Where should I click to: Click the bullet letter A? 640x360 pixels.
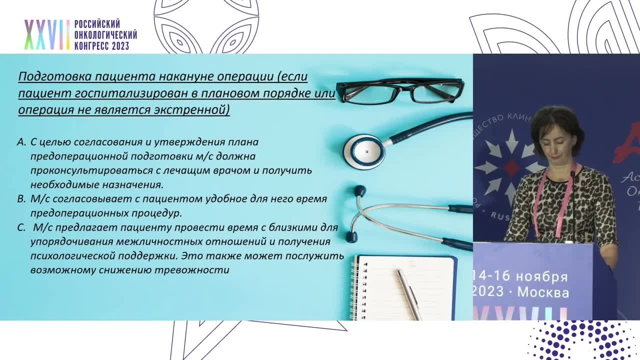click(x=21, y=142)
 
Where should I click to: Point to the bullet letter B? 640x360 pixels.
click(x=21, y=199)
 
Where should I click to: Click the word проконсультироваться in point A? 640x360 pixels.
click(x=84, y=170)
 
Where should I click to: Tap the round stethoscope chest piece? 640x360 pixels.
click(x=364, y=151)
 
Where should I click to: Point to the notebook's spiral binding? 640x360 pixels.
click(x=355, y=287)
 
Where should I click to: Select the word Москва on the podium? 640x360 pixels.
click(x=543, y=292)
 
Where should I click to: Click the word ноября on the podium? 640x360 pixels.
click(x=542, y=276)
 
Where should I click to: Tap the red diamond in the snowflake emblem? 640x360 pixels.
click(x=511, y=167)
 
